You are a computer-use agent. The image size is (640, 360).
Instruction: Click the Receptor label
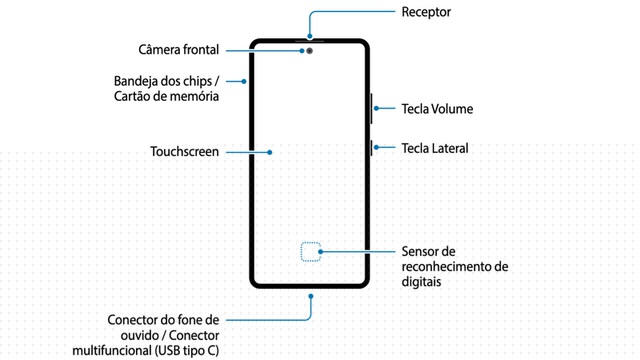pyautogui.click(x=426, y=12)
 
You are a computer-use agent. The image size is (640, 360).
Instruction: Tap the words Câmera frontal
pyautogui.click(x=179, y=50)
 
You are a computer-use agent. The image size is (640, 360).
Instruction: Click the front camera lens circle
pyautogui.click(x=310, y=51)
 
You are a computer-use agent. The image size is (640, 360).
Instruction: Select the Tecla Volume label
pyautogui.click(x=437, y=109)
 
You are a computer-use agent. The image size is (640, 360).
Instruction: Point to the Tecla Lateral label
pyautogui.click(x=435, y=148)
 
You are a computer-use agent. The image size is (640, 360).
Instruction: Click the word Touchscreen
pyautogui.click(x=184, y=152)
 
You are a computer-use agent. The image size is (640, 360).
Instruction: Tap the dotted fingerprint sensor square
pyautogui.click(x=311, y=251)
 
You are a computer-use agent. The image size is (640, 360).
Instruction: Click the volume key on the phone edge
pyautogui.click(x=371, y=108)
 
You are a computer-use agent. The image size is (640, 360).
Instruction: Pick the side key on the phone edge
pyautogui.click(x=371, y=148)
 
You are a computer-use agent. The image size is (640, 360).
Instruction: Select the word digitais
pyautogui.click(x=421, y=282)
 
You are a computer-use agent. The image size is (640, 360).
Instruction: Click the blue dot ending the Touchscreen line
pyautogui.click(x=270, y=152)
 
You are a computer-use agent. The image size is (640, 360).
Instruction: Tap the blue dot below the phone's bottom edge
pyautogui.click(x=311, y=296)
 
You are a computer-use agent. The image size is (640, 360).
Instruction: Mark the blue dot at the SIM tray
pyautogui.click(x=244, y=82)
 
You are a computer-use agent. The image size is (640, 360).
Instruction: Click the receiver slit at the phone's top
pyautogui.click(x=310, y=41)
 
